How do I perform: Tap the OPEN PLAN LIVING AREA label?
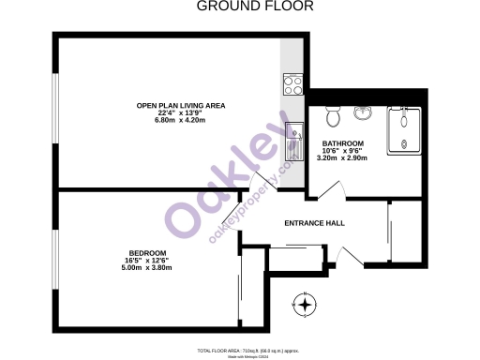pos(181,105)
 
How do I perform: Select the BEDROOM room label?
pos(147,253)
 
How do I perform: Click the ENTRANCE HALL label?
pos(314,223)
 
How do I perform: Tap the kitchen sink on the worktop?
pos(293,135)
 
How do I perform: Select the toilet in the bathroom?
pos(332,116)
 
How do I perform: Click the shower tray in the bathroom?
pos(406,129)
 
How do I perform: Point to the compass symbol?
pos(305,305)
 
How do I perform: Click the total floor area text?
pos(251,349)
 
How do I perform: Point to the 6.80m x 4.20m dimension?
pos(181,121)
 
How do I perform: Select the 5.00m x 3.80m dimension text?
pos(147,268)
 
